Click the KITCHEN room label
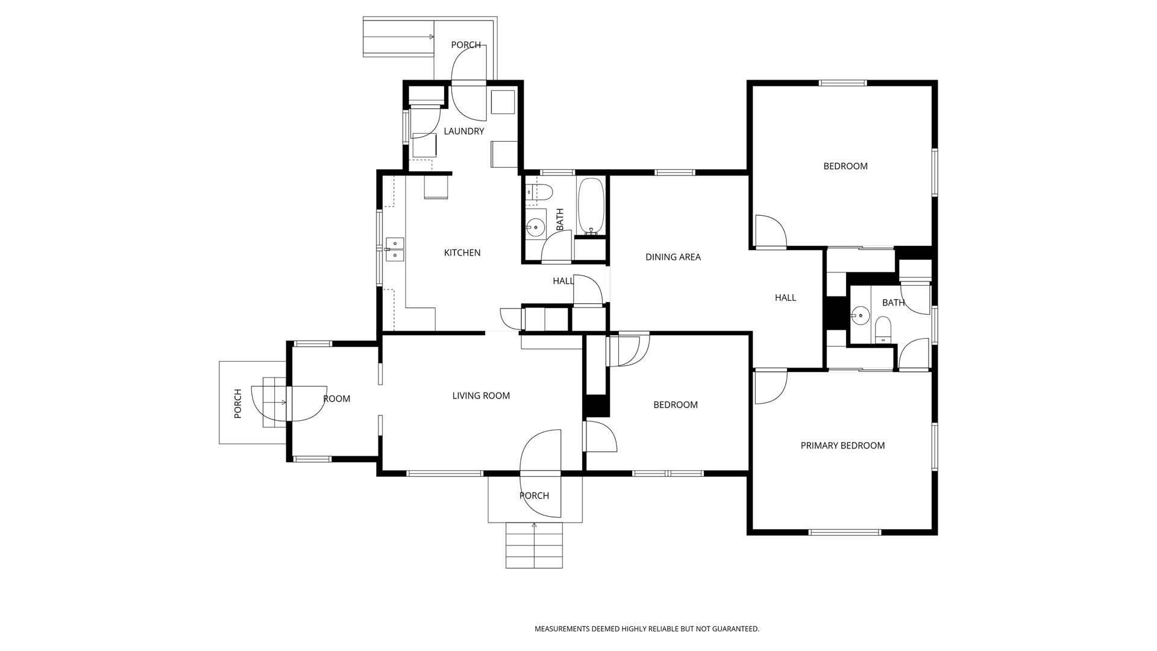click(x=462, y=253)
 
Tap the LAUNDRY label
click(x=464, y=131)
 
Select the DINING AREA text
click(x=673, y=257)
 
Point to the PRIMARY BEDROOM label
click(x=842, y=445)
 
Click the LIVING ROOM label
click(x=481, y=395)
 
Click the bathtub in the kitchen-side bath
click(x=591, y=206)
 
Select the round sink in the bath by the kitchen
click(x=535, y=227)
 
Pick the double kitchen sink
click(x=395, y=250)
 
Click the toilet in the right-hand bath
click(x=883, y=329)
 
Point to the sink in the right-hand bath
click(x=860, y=315)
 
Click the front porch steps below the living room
click(x=534, y=546)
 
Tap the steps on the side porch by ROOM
click(x=274, y=402)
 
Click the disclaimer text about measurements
click(x=647, y=629)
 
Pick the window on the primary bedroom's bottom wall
click(x=845, y=532)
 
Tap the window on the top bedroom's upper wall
click(x=842, y=83)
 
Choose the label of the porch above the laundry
click(x=466, y=45)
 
